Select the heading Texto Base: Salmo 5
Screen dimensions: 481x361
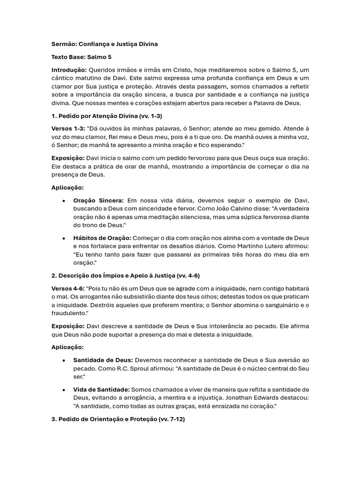(x=81, y=57)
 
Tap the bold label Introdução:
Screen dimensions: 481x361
(x=69, y=70)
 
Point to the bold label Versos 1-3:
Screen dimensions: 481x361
(x=68, y=128)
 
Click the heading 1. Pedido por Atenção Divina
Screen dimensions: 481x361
(x=107, y=116)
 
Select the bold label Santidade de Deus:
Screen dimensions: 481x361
(x=103, y=360)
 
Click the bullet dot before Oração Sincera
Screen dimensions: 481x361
(x=64, y=201)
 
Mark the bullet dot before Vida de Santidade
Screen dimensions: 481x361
(x=64, y=389)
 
